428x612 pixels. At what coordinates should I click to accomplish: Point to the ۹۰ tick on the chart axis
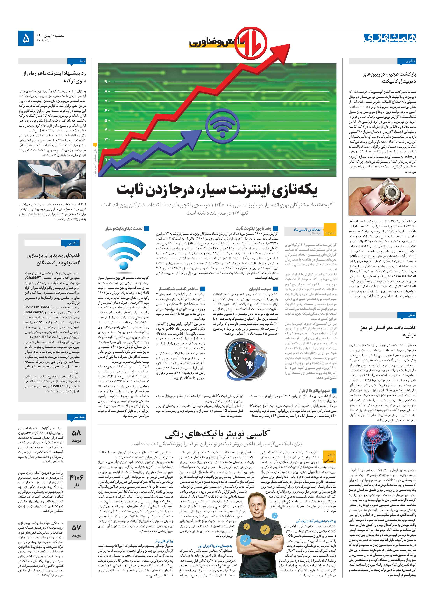(x=107, y=82)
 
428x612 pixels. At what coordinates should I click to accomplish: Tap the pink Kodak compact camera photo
(x=382, y=197)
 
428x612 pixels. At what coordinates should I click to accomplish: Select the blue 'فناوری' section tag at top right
(x=406, y=61)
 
